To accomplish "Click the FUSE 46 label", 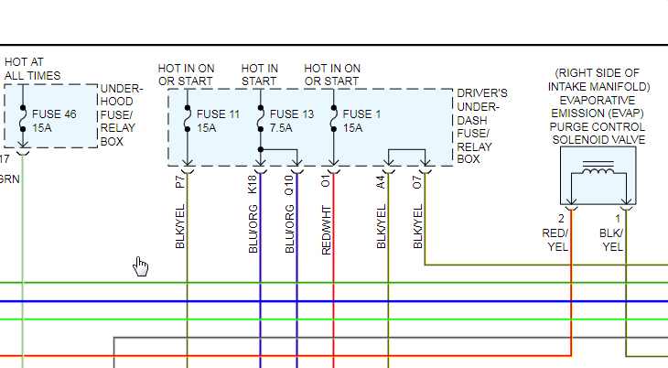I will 54,114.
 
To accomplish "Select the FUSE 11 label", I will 218,114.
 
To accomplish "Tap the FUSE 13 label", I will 292,114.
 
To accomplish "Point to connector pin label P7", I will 179,181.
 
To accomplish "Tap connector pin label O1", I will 326,181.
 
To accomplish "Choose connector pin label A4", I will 381,181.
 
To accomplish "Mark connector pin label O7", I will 417,181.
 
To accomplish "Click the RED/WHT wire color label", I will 326,228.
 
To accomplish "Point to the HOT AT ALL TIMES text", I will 33,69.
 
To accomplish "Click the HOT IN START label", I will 260,74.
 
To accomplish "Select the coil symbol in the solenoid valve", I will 598,171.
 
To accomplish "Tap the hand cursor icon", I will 141,265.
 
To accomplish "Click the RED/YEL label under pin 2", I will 556,240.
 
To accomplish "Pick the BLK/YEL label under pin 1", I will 612,240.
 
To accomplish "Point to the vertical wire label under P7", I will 179,226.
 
